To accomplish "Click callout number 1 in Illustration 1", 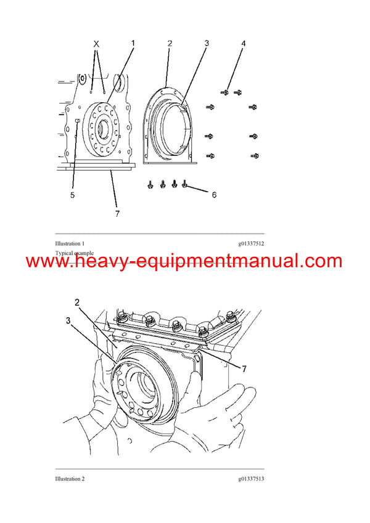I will click(133, 44).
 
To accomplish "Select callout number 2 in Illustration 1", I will click(170, 44).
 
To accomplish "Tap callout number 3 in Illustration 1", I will click(207, 44).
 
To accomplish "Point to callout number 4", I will click(243, 44).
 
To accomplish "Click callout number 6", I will click(214, 195).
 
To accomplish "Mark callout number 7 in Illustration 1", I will click(117, 213).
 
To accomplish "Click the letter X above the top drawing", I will click(96, 44).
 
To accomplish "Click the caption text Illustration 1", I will click(70, 244).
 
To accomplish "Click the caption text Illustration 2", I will click(70, 479).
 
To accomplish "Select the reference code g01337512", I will click(251, 244).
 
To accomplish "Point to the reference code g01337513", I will click(251, 479).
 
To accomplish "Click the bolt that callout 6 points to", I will click(184, 183).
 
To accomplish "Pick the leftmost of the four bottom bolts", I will click(150, 184).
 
